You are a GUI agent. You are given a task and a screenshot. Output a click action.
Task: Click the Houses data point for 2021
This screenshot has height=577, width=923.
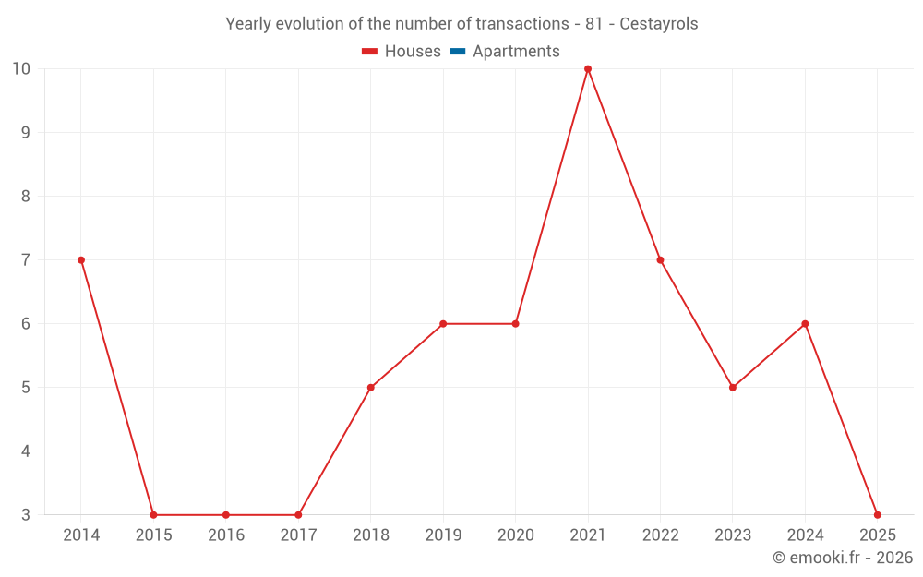pos(588,69)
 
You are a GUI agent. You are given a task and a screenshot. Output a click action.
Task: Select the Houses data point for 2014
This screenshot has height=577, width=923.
pos(81,260)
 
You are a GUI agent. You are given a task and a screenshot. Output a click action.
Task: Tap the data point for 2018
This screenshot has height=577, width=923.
pos(371,388)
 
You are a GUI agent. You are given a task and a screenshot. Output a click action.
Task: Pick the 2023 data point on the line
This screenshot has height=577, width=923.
pos(733,388)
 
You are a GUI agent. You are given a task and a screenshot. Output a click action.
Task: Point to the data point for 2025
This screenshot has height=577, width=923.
pos(877,515)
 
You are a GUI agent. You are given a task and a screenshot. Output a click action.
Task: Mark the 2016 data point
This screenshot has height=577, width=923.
pos(226,515)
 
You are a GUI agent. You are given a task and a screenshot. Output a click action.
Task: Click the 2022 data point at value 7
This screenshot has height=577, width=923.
pos(660,260)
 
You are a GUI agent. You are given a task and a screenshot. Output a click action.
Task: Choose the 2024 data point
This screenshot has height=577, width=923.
pos(805,324)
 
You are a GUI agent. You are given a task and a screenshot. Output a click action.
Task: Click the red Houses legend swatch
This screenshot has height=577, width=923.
pos(369,52)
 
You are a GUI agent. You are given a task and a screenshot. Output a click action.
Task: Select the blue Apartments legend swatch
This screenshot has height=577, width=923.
pos(457,52)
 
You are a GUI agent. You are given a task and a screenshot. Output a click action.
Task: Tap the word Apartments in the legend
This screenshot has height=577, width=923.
pos(516,52)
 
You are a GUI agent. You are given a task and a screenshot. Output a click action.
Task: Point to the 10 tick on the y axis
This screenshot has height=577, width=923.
pos(21,69)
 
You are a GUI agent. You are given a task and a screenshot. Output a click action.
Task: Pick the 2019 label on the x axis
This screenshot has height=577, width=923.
pos(443,535)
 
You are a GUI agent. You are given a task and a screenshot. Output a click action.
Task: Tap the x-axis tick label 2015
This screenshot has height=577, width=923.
pos(153,535)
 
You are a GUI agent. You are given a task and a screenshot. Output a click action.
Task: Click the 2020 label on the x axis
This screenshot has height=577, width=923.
pos(515,535)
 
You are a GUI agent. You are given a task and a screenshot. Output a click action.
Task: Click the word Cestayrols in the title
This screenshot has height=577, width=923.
pos(659,24)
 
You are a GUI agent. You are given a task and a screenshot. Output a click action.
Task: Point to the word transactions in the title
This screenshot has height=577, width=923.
pos(521,24)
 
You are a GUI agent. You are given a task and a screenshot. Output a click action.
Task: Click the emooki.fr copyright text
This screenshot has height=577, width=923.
pos(843,558)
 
